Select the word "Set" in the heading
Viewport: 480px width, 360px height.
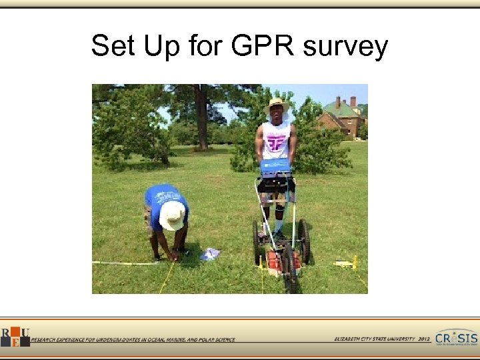coord(111,47)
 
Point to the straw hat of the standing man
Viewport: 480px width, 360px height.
coord(277,106)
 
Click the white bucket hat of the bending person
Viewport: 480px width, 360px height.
coord(172,215)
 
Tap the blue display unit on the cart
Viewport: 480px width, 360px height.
coord(275,167)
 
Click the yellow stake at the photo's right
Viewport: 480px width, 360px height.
coord(354,263)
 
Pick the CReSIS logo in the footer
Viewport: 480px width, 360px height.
coord(457,337)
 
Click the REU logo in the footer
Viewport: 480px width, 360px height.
coord(14,337)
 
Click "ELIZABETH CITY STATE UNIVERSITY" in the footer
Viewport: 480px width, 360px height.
coord(373,339)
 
